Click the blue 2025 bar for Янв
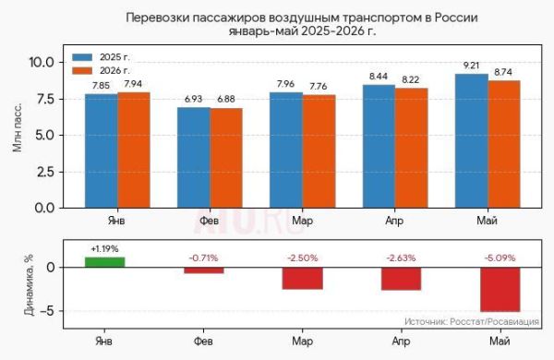(102, 150)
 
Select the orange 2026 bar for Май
(504, 144)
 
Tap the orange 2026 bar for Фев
(226, 158)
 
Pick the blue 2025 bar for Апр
(379, 146)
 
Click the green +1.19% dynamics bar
(105, 262)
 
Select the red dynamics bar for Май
(500, 289)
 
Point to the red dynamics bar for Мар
(303, 279)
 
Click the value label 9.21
(471, 66)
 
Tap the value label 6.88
(226, 99)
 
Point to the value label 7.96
(285, 84)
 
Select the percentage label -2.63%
(401, 258)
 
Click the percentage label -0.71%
(203, 258)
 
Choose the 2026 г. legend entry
(101, 71)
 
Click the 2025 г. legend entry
(101, 57)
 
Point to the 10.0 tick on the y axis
(41, 63)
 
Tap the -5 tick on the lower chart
(47, 311)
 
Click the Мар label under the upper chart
(303, 221)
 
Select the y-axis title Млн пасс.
(18, 128)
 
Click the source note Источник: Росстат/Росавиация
(472, 321)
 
